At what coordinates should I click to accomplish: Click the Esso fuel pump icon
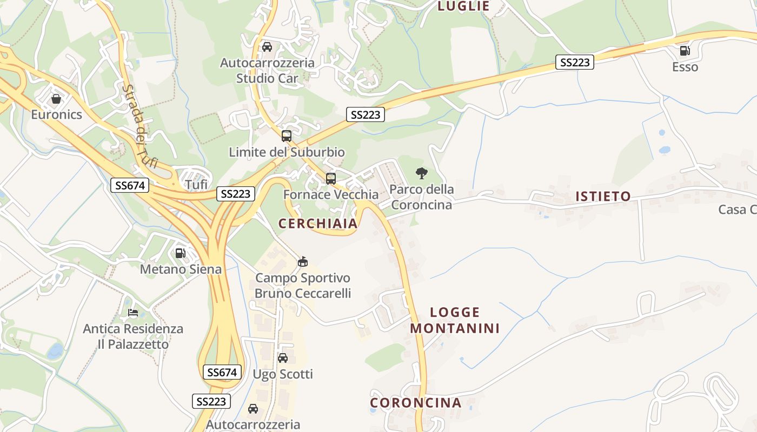pyautogui.click(x=685, y=51)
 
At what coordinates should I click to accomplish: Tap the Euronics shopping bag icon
pyautogui.click(x=56, y=99)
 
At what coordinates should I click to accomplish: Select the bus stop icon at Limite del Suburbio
pyautogui.click(x=287, y=136)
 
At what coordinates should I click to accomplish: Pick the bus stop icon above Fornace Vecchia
pyautogui.click(x=330, y=178)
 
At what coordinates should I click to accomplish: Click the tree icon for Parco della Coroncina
pyautogui.click(x=422, y=173)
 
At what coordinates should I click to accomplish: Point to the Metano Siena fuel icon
pyautogui.click(x=181, y=253)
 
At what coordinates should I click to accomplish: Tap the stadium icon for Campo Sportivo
pyautogui.click(x=303, y=262)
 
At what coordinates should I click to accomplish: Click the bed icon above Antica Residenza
pyautogui.click(x=133, y=313)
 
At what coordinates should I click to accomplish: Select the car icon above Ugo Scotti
pyautogui.click(x=283, y=357)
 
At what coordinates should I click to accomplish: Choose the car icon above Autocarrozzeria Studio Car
pyautogui.click(x=267, y=47)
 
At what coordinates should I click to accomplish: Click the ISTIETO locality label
pyautogui.click(x=603, y=197)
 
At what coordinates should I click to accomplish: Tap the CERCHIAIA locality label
pyautogui.click(x=318, y=224)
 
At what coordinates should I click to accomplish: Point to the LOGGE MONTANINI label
pyautogui.click(x=455, y=320)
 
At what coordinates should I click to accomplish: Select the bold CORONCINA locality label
pyautogui.click(x=416, y=403)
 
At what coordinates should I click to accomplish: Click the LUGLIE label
pyautogui.click(x=463, y=6)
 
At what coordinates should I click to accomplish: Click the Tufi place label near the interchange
pyautogui.click(x=196, y=185)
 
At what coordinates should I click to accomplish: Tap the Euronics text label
pyautogui.click(x=56, y=114)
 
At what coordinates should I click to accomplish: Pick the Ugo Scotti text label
pyautogui.click(x=283, y=374)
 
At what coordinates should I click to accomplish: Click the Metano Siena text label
pyautogui.click(x=181, y=269)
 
